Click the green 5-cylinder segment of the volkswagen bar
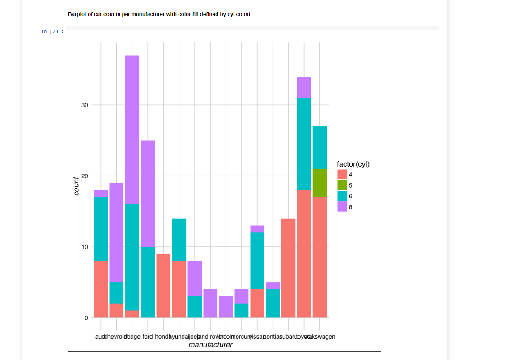point(319,183)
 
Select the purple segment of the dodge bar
point(132,129)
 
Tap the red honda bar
point(163,286)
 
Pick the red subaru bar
point(288,268)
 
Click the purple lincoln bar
point(226,307)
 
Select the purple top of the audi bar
point(101,193)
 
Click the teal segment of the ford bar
point(148,282)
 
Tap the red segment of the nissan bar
point(257,304)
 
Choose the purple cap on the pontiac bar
point(273,286)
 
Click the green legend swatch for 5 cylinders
point(342,185)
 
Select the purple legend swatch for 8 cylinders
point(342,207)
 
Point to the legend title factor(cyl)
point(353,164)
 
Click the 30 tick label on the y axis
point(85,105)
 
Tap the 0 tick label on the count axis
point(86,318)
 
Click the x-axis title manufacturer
point(210,345)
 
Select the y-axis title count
point(76,186)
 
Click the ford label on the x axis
point(148,337)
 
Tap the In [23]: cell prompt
point(52,31)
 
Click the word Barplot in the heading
point(78,14)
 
